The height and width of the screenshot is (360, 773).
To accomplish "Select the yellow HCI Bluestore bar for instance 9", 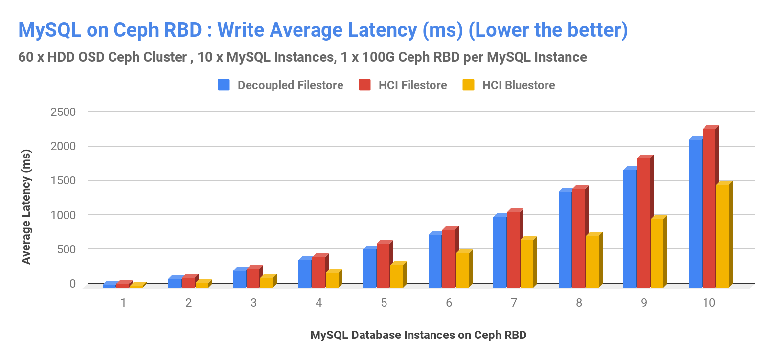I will (x=657, y=252).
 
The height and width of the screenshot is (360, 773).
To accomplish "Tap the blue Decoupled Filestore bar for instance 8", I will (x=565, y=239).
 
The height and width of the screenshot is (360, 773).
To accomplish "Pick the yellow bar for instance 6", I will (x=462, y=270).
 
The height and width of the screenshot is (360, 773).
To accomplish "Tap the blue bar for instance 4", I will (x=305, y=273).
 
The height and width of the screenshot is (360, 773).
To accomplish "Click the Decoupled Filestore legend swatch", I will (x=224, y=85).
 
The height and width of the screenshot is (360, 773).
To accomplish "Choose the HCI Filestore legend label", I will (x=412, y=85).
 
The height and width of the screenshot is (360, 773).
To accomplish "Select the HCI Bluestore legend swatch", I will (x=468, y=85).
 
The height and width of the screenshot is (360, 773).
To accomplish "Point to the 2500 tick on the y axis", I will (x=63, y=112).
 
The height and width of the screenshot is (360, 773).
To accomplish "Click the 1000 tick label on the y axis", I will (x=63, y=215).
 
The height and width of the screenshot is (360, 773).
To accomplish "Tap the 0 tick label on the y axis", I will (x=72, y=284).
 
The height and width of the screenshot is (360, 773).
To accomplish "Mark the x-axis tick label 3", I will (x=253, y=303).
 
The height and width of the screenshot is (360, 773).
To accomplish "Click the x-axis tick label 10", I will (x=709, y=303).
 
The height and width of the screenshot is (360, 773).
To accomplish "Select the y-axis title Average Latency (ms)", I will (x=26, y=206).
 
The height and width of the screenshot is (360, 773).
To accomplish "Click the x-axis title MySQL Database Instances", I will (x=418, y=335).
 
